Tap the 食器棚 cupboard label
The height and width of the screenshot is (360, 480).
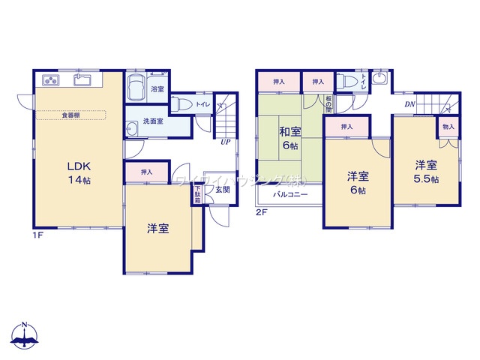(72, 115)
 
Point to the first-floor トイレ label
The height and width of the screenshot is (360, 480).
(202, 106)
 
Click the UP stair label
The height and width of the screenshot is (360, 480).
(224, 140)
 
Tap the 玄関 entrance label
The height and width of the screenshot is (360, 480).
(223, 190)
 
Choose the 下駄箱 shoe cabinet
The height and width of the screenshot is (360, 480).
(197, 195)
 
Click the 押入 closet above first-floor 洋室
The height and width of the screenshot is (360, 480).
(146, 172)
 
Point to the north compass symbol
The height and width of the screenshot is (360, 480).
(25, 335)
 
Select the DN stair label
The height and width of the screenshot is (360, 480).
(410, 103)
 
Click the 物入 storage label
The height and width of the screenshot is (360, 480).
(448, 128)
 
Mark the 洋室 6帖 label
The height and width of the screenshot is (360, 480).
(356, 183)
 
